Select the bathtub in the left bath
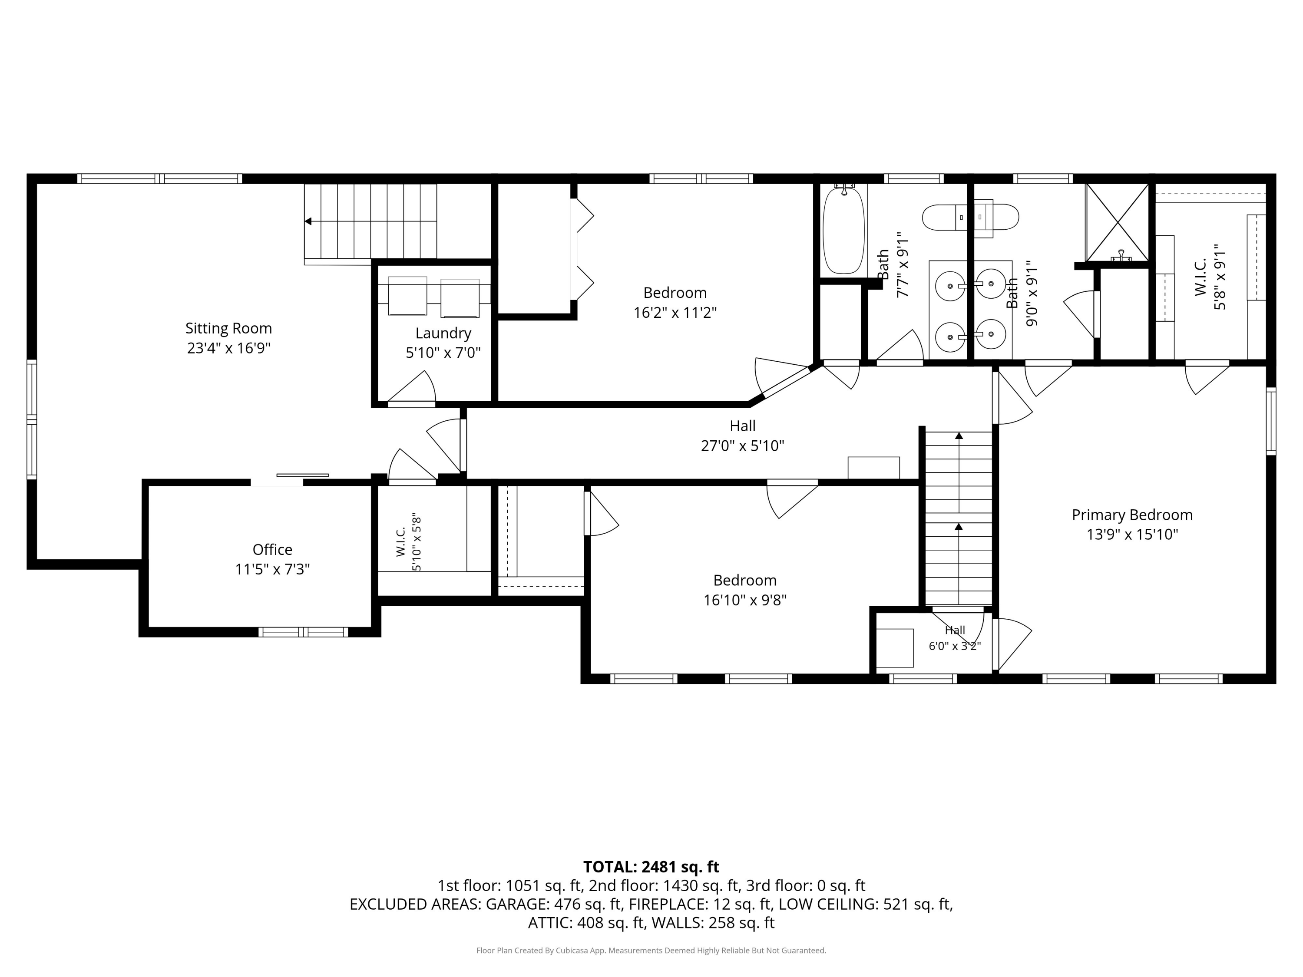843,230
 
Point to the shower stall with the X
1117,223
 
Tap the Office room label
272,549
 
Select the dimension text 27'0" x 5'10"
742,446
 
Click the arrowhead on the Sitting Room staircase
308,221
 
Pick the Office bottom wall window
303,632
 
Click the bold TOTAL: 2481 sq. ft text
651,867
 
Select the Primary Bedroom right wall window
1271,421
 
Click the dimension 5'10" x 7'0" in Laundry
443,353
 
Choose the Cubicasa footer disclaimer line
651,951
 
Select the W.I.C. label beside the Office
400,542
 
